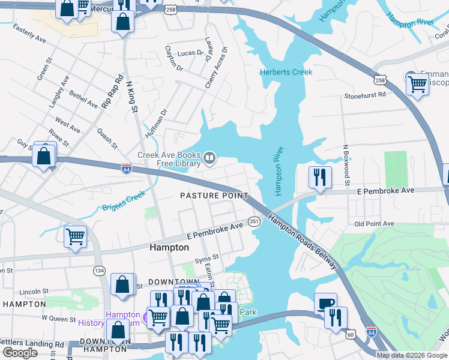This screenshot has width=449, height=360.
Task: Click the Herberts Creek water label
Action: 286,73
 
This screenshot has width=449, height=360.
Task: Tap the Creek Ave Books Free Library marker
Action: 209,158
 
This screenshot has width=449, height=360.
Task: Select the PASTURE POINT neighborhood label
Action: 214,196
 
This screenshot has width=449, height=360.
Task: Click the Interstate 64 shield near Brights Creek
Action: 127,168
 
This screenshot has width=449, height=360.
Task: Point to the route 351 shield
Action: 255,221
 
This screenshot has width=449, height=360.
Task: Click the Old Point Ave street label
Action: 374,224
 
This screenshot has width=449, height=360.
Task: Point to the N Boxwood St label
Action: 346,164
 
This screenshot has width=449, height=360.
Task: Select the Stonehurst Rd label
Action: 364,95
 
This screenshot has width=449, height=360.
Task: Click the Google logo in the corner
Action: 20,353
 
